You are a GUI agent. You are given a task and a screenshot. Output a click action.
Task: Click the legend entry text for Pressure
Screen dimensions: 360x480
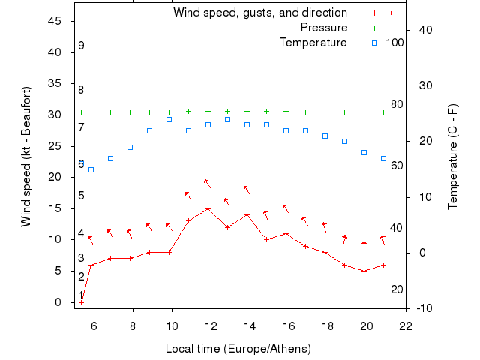[324, 28]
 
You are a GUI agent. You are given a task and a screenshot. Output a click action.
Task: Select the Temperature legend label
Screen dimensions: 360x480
[313, 43]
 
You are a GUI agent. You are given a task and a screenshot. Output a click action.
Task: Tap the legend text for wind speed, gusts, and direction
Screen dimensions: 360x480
[260, 13]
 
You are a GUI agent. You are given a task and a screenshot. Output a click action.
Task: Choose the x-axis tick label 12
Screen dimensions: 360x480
[211, 325]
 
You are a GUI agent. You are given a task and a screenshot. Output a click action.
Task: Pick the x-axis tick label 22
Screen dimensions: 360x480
[406, 325]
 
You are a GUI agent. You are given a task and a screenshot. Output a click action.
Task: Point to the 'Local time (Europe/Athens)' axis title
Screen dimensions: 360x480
[238, 349]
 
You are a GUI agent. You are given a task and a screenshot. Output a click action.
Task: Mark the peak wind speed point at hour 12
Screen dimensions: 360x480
[208, 208]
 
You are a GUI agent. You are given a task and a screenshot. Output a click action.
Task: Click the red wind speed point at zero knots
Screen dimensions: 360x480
[82, 301]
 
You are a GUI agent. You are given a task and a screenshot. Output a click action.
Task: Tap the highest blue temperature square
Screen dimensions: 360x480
[228, 119]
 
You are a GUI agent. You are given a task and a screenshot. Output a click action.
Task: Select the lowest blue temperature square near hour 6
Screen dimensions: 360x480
[91, 169]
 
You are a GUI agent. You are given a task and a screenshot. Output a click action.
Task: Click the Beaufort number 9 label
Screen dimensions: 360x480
[81, 46]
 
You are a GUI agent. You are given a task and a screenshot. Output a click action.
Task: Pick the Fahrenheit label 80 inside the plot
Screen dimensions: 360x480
[396, 104]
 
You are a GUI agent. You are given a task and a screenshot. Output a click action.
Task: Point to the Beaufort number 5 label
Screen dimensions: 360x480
[81, 196]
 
